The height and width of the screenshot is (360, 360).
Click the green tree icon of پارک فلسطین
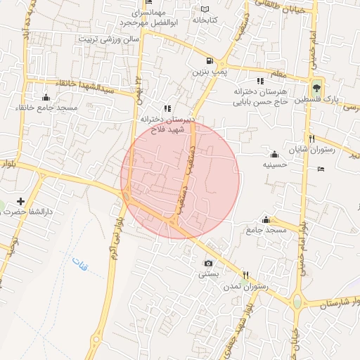[318, 89]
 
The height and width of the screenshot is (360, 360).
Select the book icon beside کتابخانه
[205, 9]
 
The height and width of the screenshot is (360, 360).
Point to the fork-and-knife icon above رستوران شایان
[311, 139]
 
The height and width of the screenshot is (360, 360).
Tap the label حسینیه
[274, 165]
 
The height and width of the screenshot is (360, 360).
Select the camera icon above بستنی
[207, 263]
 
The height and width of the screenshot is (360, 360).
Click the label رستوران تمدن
[243, 288]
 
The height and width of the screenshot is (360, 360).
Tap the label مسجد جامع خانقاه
[46, 108]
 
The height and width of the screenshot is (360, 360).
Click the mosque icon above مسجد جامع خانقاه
[46, 96]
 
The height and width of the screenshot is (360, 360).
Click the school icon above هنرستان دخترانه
[260, 81]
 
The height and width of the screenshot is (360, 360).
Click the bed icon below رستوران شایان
[321, 169]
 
